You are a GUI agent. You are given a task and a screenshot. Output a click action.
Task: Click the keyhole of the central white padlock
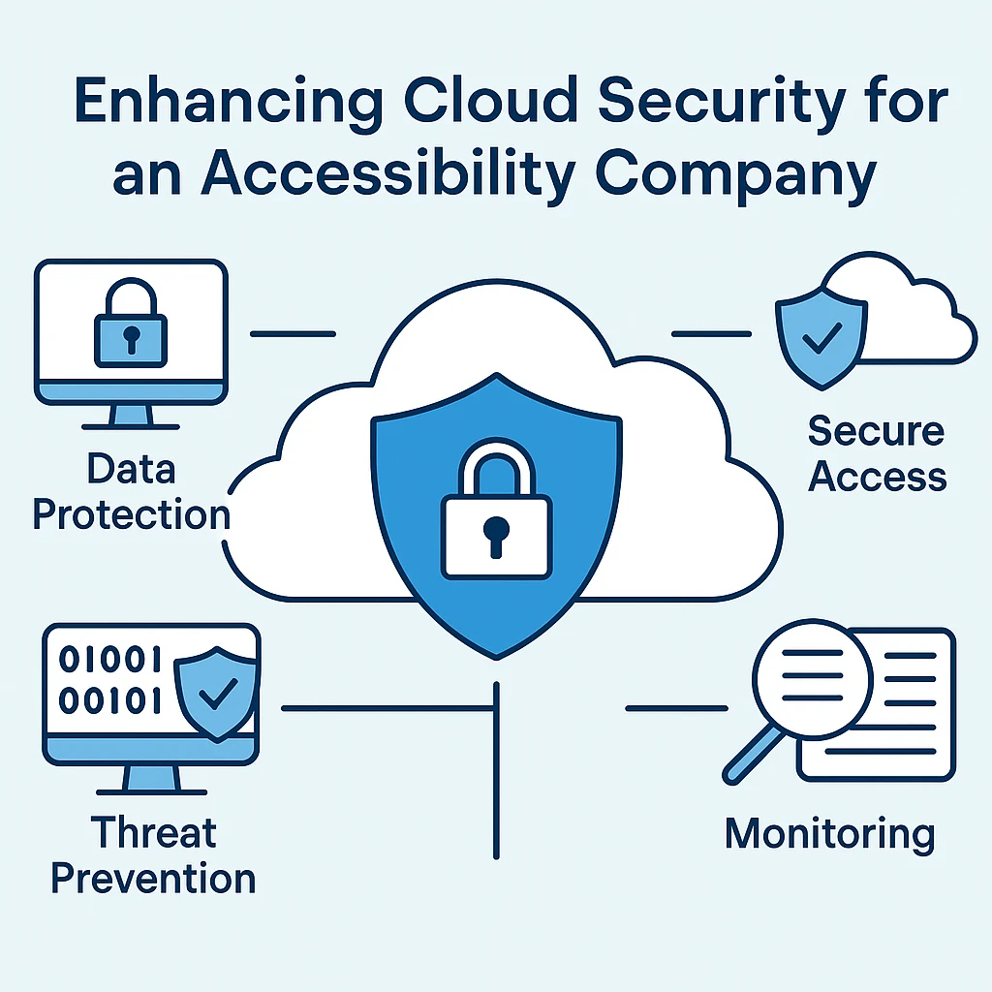pyautogui.click(x=495, y=536)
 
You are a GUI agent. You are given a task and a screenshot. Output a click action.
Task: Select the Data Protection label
pyautogui.click(x=132, y=492)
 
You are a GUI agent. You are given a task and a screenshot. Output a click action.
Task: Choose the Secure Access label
pyautogui.click(x=877, y=452)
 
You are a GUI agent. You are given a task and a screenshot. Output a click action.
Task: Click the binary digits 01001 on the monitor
pyautogui.click(x=109, y=662)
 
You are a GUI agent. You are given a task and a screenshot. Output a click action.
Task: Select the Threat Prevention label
pyautogui.click(x=153, y=855)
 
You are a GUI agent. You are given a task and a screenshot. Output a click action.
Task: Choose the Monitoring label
pyautogui.click(x=830, y=834)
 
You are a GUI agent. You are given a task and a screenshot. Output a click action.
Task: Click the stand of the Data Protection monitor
pyautogui.click(x=131, y=415)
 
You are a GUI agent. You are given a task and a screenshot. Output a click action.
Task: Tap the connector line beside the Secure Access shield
pyautogui.click(x=711, y=334)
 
